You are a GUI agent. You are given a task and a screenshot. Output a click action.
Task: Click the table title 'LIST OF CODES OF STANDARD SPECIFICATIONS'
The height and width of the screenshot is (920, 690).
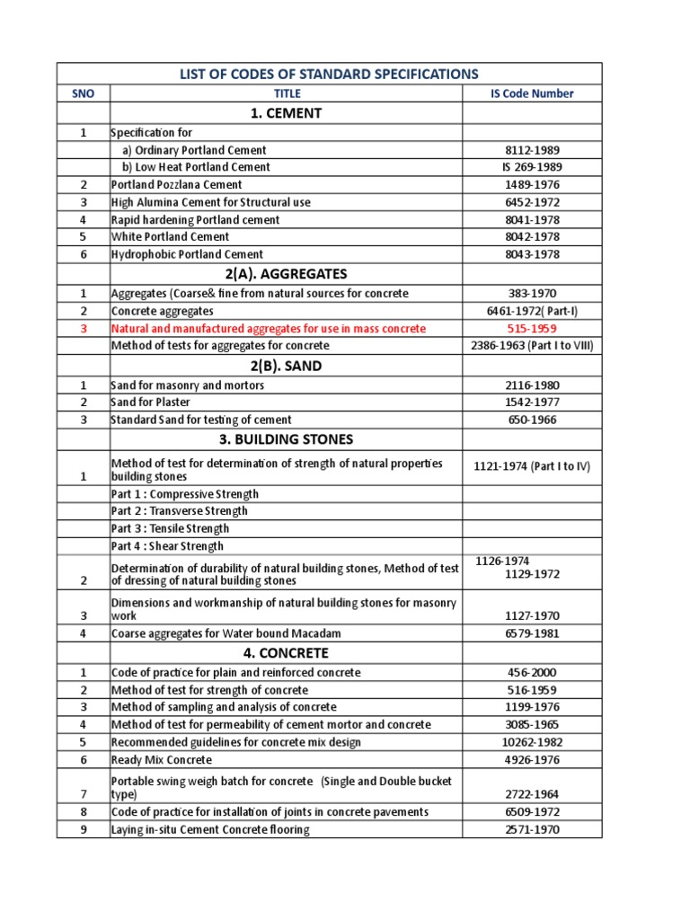(x=329, y=74)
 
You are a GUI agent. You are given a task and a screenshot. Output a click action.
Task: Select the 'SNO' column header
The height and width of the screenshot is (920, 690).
(x=83, y=93)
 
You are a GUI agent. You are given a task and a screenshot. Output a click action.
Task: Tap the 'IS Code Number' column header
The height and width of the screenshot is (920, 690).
(x=531, y=93)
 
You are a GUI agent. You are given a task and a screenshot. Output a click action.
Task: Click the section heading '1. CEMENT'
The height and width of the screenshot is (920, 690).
(x=285, y=113)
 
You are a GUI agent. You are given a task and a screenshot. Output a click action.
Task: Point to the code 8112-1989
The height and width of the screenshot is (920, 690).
(x=531, y=150)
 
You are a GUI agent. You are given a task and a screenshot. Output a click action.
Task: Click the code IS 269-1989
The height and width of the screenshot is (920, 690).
(x=531, y=167)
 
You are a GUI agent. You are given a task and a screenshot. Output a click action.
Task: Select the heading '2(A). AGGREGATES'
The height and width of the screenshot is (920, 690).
(x=285, y=273)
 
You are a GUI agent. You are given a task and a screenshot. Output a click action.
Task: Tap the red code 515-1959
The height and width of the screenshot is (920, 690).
(x=531, y=329)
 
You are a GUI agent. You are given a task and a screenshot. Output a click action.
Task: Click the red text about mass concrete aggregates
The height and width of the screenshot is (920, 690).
(x=268, y=329)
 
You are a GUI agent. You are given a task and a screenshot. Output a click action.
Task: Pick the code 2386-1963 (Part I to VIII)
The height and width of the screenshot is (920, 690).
(x=531, y=346)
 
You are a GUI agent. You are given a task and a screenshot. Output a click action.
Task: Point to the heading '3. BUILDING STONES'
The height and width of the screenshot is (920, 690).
(x=285, y=439)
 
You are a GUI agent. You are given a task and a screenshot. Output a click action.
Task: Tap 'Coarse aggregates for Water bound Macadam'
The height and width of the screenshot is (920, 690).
(x=226, y=633)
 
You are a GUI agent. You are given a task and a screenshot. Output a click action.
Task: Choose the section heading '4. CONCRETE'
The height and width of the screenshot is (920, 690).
(x=285, y=653)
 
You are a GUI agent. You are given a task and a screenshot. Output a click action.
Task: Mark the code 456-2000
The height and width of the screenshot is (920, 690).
(x=531, y=672)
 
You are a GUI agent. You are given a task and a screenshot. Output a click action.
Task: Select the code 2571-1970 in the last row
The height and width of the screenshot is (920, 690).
(x=531, y=829)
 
